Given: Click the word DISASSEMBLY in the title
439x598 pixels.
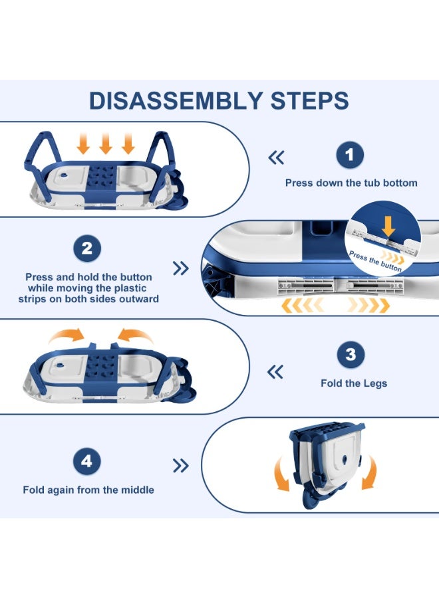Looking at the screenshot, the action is point(175,101).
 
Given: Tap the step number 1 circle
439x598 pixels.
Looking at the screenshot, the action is point(350,155).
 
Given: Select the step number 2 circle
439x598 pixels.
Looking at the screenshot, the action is point(87,249).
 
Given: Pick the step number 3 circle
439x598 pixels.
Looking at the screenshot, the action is point(351,355).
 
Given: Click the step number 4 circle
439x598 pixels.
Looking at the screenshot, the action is point(86,462).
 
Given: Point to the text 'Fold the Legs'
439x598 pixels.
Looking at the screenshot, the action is point(354,383).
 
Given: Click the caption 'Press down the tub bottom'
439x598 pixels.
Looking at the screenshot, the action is point(351,183).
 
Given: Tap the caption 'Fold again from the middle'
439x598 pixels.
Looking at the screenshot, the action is point(88,490).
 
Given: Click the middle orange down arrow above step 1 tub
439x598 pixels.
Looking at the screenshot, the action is point(106,144).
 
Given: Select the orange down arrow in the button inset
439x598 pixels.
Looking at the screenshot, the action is point(388,227).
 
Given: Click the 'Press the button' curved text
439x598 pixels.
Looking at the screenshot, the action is point(375,262).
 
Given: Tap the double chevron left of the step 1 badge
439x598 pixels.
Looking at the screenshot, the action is point(277,157).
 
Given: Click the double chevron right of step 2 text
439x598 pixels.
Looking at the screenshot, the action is point(180,268).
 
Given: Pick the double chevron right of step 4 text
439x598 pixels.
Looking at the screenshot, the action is point(180,465).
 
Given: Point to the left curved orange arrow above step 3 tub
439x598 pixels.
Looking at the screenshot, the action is point(67,336).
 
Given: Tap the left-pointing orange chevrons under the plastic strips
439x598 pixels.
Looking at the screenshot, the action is point(303,305).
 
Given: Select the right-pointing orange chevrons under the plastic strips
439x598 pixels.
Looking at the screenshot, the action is point(368,305).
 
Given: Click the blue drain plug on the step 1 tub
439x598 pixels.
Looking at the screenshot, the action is point(63,175).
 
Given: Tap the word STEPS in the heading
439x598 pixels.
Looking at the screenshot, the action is point(309,101).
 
